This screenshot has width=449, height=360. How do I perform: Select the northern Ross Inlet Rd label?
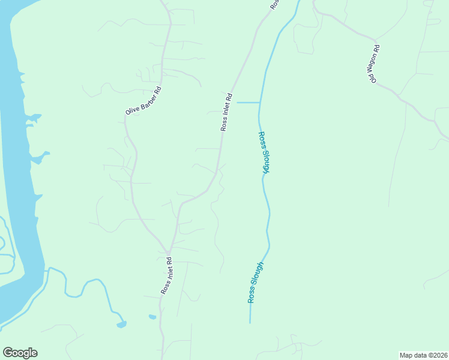pos(226,112)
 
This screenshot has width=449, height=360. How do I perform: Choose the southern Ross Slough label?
pos(255,282)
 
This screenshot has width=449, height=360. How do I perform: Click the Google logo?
pos(20,353)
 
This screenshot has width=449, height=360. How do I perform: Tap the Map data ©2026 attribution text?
pos(423,355)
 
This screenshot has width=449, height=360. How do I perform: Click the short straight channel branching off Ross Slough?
pos(248,103)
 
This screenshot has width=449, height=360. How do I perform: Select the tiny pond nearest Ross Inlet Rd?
pos(152,316)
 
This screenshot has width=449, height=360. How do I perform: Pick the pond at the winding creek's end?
pos(122,324)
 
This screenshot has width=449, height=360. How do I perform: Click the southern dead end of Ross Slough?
pos(250,322)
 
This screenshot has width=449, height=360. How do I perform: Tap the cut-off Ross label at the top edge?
pos(274,4)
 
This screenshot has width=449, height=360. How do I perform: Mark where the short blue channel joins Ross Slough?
pos(259,103)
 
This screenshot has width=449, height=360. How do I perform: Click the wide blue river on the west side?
pos(15,180)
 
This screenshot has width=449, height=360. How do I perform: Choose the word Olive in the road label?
pos(133,109)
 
